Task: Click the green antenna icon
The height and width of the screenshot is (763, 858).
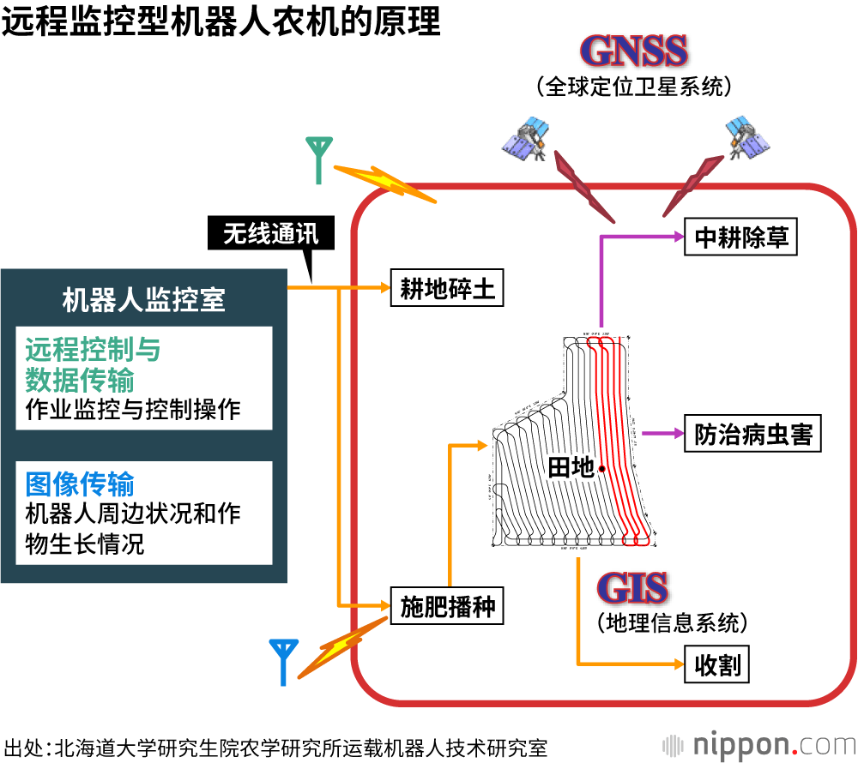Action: (319, 159)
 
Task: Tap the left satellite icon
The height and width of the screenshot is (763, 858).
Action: (527, 136)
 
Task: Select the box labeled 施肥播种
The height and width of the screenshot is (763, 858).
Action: (448, 607)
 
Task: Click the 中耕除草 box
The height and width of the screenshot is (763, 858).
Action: (741, 237)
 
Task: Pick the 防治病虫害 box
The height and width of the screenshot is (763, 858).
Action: (753, 434)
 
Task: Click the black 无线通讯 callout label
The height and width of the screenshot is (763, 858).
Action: (270, 233)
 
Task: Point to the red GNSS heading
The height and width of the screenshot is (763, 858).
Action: (634, 51)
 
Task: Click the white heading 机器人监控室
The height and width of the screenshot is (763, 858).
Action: (144, 299)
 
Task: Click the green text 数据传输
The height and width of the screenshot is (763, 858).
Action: (80, 378)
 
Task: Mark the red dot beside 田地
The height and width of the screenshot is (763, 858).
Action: (602, 468)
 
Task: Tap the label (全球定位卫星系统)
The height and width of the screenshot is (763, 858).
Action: (634, 86)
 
